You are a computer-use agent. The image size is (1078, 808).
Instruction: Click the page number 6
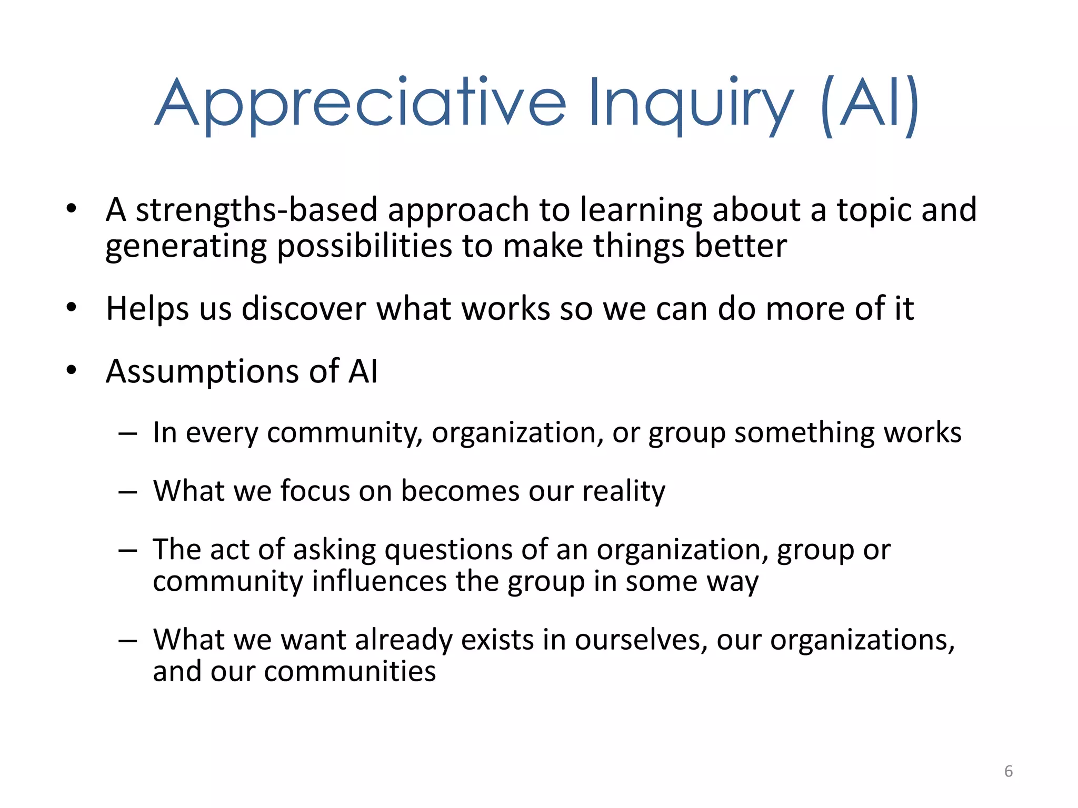1008,771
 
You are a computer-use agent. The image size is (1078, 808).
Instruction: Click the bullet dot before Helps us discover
72,307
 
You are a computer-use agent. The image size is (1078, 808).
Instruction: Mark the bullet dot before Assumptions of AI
72,370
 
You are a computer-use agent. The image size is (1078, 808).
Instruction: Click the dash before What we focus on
127,492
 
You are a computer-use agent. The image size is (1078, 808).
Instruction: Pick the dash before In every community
127,434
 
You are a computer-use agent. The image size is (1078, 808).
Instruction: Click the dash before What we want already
127,641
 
